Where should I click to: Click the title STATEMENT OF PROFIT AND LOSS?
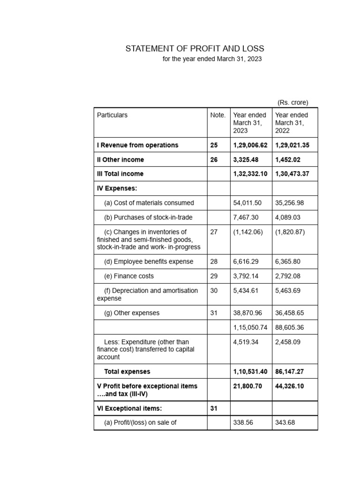pyautogui.click(x=195, y=49)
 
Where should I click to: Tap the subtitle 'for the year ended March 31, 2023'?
pyautogui.click(x=212, y=60)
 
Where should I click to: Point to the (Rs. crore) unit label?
pyautogui.click(x=292, y=103)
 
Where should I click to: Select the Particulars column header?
pyautogui.click(x=112, y=115)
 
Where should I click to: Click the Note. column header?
pyautogui.click(x=218, y=115)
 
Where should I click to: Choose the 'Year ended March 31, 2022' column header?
pyautogui.click(x=292, y=123)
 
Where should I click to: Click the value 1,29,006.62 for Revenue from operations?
pyautogui.click(x=250, y=145)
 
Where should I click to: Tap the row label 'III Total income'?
pyautogui.click(x=120, y=174)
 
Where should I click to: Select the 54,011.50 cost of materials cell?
pyautogui.click(x=247, y=203)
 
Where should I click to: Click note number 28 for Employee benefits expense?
pyautogui.click(x=214, y=262)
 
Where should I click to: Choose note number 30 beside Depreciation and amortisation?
pyautogui.click(x=214, y=291)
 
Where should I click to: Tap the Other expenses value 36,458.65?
pyautogui.click(x=289, y=313)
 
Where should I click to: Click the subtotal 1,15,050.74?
pyautogui.click(x=250, y=327)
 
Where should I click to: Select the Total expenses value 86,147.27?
pyautogui.click(x=290, y=372)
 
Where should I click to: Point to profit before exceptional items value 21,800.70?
pyautogui.click(x=247, y=386)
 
